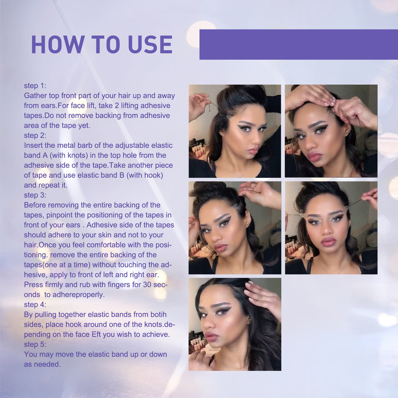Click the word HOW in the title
coord(58,45)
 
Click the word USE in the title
coord(150,45)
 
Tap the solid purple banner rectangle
coord(298,44)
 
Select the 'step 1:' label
coord(35,86)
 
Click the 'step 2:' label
coord(35,135)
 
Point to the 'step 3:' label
coord(35,195)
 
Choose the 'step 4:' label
coord(35,305)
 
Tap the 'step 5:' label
coord(35,344)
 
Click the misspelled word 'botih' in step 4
coord(158,314)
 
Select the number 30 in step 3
coord(147,285)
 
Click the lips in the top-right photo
coord(314,156)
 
